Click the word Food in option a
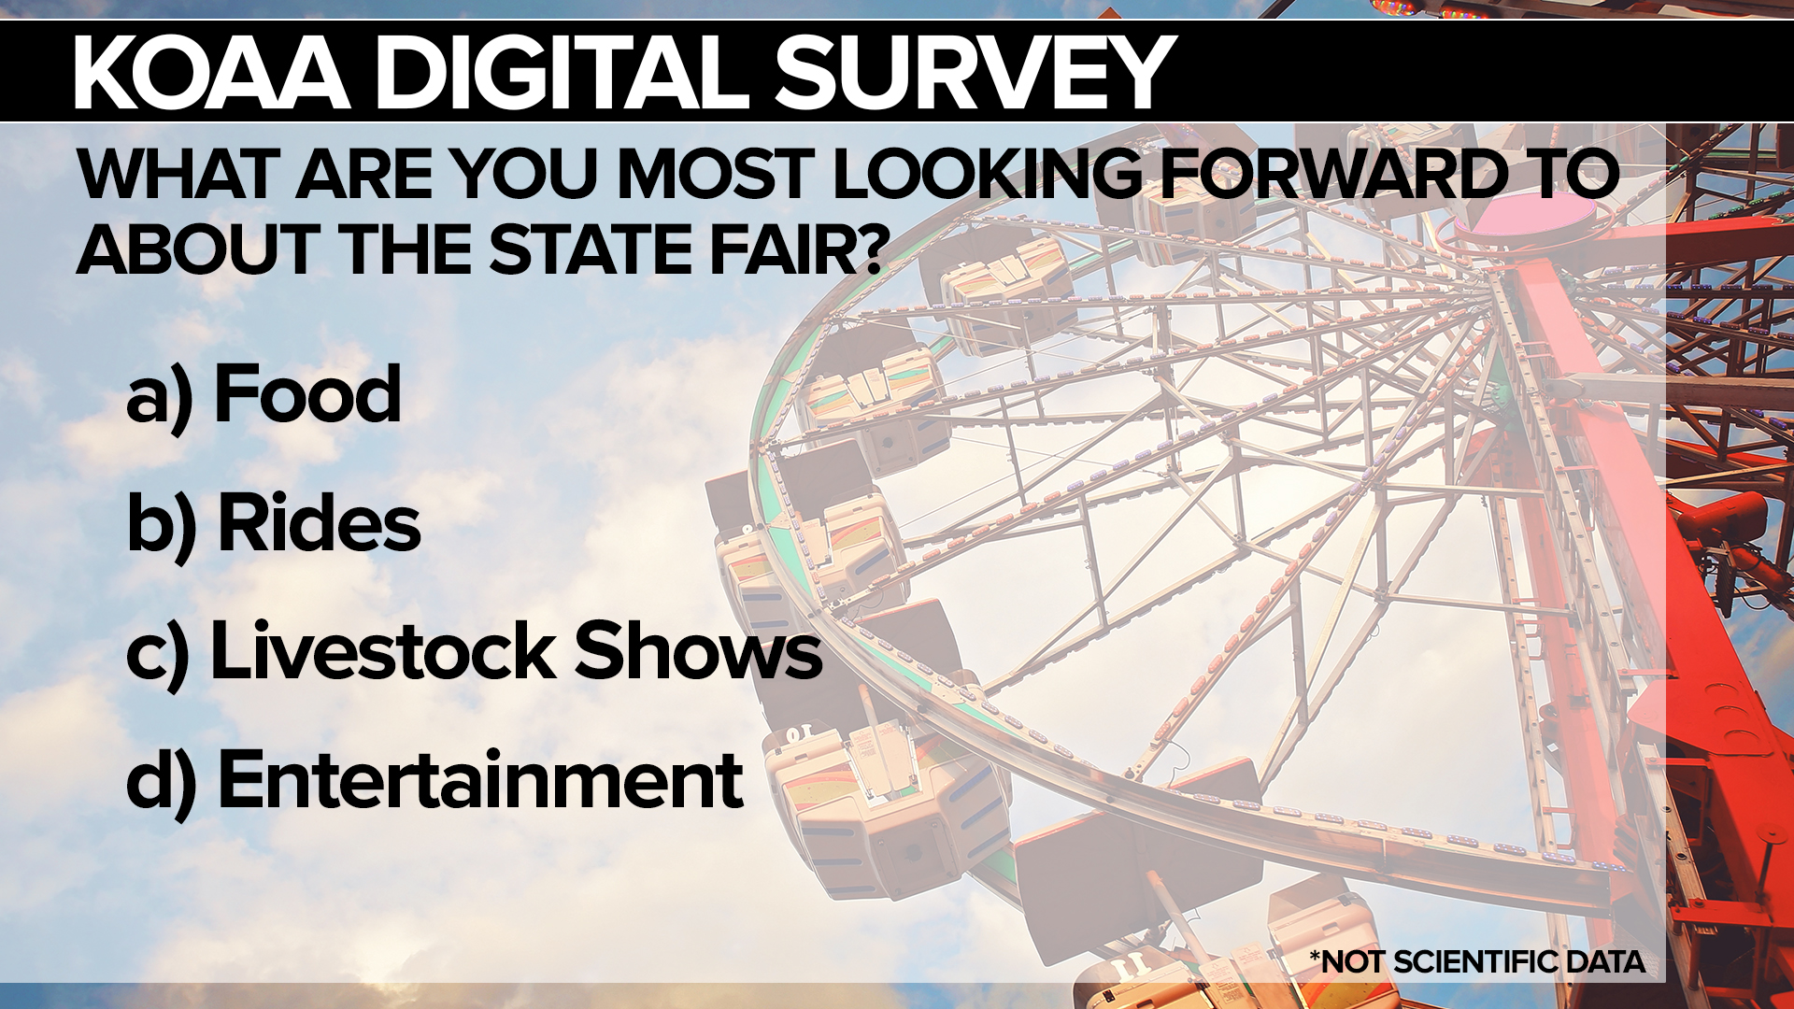pyautogui.click(x=307, y=394)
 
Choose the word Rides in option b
pyautogui.click(x=319, y=522)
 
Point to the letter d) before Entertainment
pyautogui.click(x=162, y=783)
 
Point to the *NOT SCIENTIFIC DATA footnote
pyautogui.click(x=1477, y=961)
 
